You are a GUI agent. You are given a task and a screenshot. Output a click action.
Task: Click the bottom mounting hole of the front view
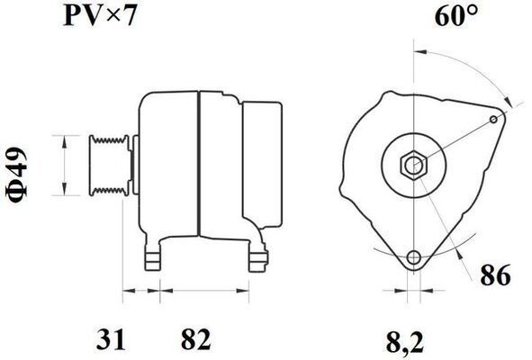(x=413, y=257)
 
